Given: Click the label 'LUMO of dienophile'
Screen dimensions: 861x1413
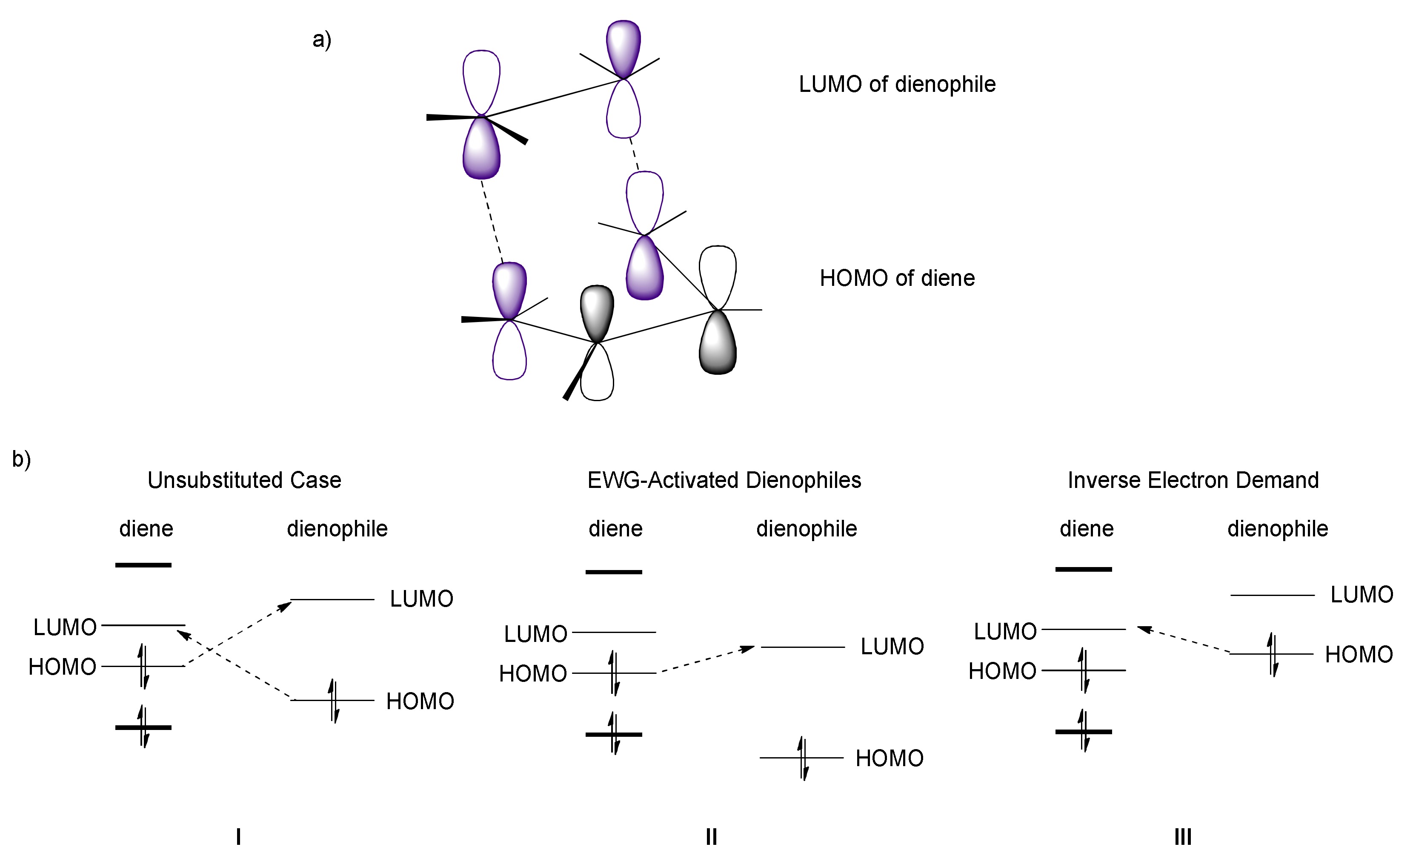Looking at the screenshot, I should coord(897,84).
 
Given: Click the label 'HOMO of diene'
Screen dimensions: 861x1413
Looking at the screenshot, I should coord(897,279).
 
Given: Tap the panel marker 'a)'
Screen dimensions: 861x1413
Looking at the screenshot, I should coord(322,40).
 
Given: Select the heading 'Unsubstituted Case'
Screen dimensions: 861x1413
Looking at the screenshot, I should coord(244,480).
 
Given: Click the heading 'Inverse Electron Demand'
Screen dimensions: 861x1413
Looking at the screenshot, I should coord(1193,480).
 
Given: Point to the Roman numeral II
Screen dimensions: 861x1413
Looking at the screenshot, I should coord(711,837).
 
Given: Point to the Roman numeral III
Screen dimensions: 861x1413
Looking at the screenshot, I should coord(1182,837).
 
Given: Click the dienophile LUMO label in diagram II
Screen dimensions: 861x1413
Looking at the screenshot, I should coord(892,647).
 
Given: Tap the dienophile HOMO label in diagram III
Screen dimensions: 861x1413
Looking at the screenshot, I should coord(1359,655).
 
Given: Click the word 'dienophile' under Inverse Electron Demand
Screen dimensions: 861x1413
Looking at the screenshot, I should coord(1277,528).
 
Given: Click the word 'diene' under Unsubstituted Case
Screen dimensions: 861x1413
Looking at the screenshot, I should coord(146,528).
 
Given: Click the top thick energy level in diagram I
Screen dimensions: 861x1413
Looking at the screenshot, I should coord(143,565).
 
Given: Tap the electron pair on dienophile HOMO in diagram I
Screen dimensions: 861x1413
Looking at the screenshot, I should coord(334,701).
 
